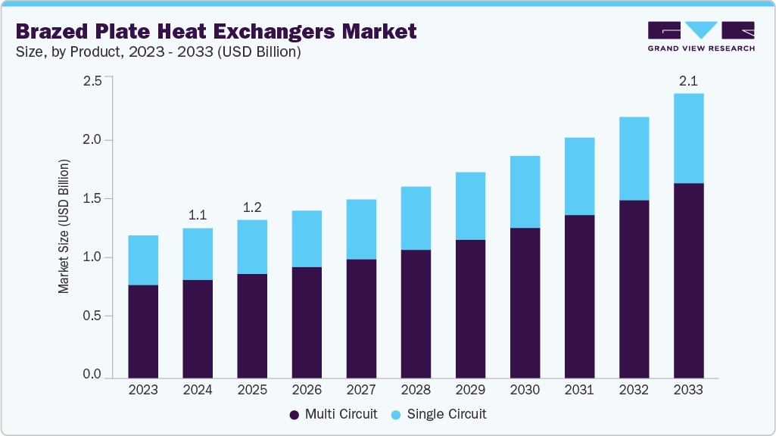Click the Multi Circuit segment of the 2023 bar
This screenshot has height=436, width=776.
coord(143,332)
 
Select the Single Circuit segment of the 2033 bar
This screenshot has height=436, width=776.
coord(688,139)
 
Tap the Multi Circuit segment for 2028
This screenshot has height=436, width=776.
coord(416,313)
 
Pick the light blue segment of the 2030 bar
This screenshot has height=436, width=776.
coord(525,192)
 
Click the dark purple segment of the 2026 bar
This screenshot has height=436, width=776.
coord(307,322)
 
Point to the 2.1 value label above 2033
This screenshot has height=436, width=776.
coord(688,80)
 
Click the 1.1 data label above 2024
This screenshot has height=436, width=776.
coord(198,215)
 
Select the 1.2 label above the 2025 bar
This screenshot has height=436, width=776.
coord(252,207)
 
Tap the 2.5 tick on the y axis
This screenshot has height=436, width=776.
coord(92,81)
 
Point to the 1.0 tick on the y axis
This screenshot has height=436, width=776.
coord(92,257)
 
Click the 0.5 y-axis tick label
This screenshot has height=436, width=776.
coord(92,316)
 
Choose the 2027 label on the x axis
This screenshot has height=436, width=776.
coord(361,391)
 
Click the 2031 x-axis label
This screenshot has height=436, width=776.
coord(579,391)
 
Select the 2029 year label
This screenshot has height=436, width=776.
coord(470,391)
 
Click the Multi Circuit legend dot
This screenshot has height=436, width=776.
coord(295,415)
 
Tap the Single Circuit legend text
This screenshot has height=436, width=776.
coord(447,415)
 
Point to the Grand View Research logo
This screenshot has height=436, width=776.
coord(700,36)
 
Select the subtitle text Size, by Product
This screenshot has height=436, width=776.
coord(72,52)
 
